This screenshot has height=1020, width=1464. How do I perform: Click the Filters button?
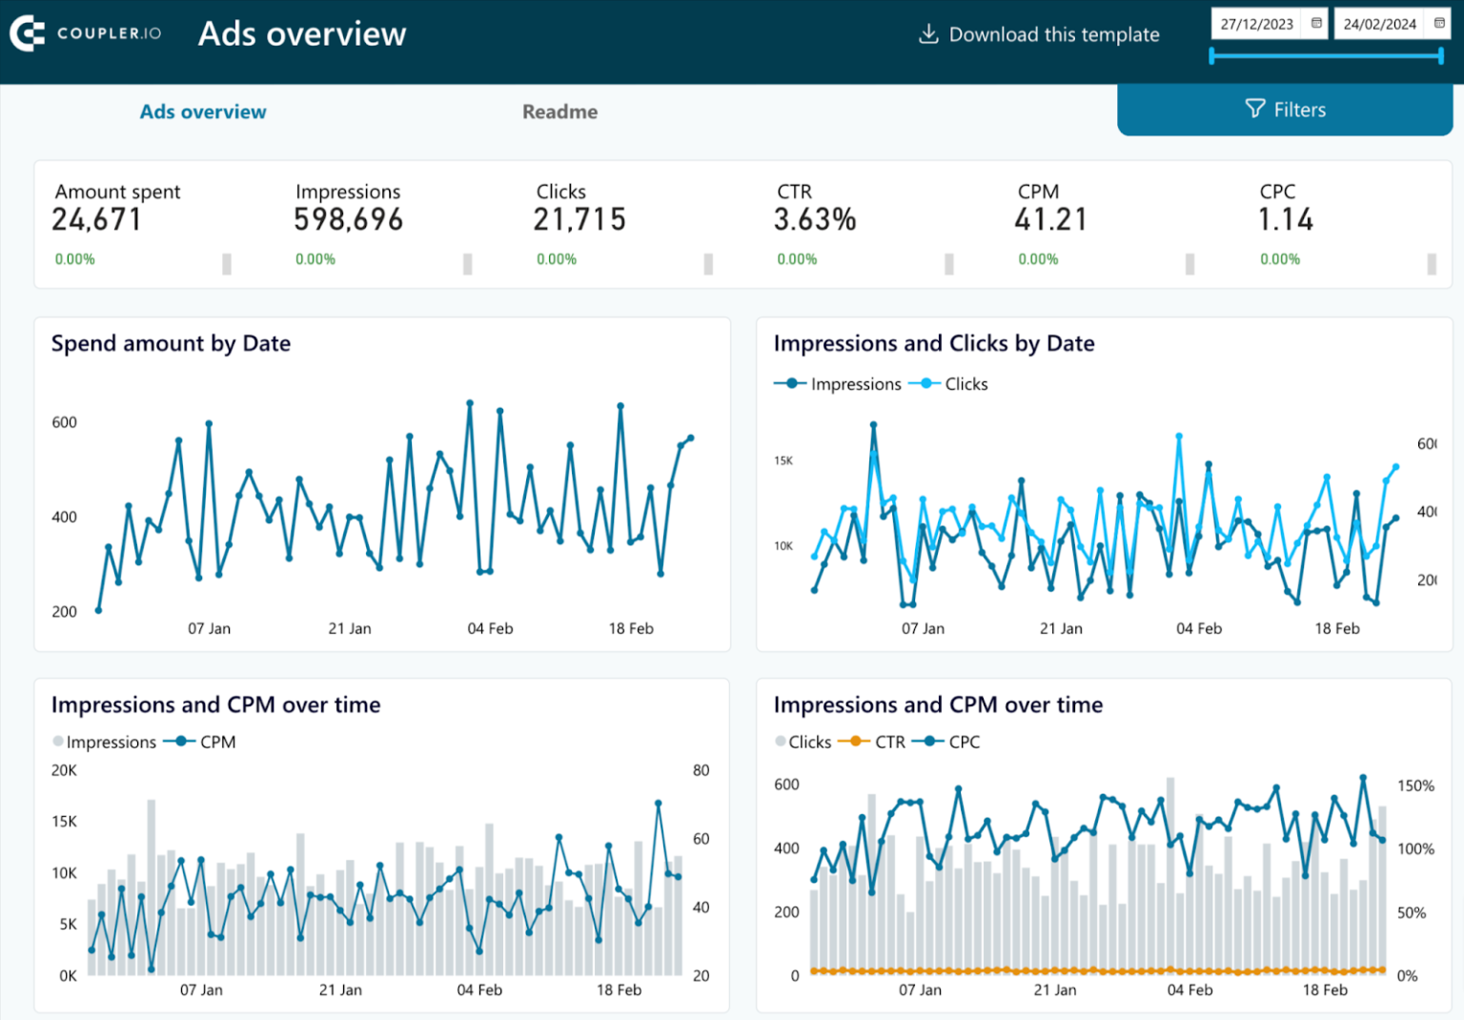click(1285, 110)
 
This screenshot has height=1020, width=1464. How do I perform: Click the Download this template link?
click(1039, 34)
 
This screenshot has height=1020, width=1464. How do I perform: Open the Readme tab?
click(559, 112)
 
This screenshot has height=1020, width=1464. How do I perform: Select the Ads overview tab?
click(203, 112)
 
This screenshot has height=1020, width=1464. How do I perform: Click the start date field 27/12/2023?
click(1257, 24)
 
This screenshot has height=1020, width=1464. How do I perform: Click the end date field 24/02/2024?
click(1379, 24)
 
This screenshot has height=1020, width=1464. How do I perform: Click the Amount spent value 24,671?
click(96, 220)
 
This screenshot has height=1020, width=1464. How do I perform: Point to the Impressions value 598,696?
click(348, 220)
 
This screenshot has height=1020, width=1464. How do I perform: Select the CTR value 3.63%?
click(815, 220)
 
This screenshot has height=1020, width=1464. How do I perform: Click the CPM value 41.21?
click(1050, 220)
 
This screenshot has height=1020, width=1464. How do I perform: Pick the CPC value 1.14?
click(1286, 220)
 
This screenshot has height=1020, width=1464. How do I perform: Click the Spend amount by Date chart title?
click(171, 343)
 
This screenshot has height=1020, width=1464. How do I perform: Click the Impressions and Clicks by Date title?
click(933, 343)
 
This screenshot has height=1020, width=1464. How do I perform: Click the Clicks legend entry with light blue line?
click(953, 384)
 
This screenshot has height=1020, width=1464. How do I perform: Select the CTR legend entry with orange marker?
click(877, 742)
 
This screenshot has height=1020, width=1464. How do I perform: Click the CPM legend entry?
click(205, 742)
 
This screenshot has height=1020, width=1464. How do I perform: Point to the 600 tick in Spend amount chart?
click(64, 422)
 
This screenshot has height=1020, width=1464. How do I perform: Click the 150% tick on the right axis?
click(1415, 785)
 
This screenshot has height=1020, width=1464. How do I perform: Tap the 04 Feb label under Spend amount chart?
click(490, 628)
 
